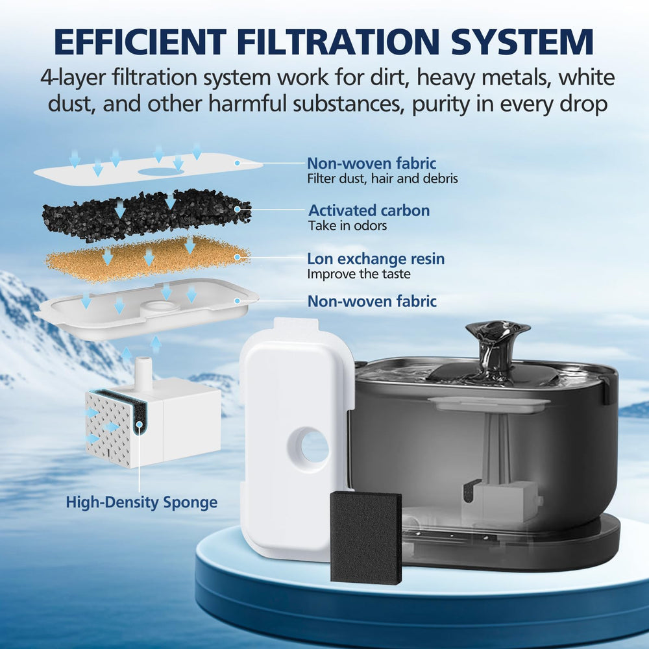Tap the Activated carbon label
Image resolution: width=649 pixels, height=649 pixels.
(369, 210)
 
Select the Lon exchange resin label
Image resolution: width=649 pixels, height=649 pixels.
(376, 259)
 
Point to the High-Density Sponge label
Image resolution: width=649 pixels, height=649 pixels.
(141, 502)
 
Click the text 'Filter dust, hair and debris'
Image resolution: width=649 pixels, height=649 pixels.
(382, 179)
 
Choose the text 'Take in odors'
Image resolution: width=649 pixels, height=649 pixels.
(347, 226)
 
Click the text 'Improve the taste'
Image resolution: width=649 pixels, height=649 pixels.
(359, 274)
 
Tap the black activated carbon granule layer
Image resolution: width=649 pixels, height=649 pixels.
(147, 215)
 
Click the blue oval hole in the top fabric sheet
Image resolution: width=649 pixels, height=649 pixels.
(159, 171)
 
